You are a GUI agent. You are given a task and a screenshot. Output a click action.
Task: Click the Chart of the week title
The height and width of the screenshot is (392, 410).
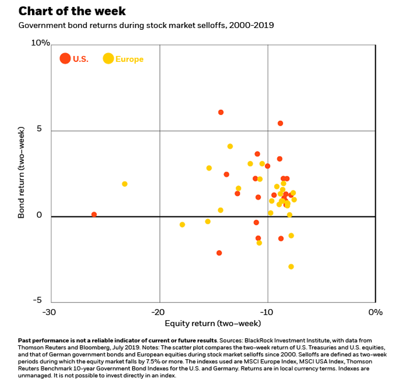coord(72,12)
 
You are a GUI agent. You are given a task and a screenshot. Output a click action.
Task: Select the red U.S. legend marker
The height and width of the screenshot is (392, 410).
coord(65,58)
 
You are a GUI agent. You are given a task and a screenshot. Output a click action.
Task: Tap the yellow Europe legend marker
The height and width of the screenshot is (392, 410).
coord(108,58)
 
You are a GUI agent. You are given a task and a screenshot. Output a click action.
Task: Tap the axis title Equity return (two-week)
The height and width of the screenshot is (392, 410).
coord(213,323)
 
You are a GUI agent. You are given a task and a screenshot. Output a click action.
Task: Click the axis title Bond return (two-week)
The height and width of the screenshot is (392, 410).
coord(22,174)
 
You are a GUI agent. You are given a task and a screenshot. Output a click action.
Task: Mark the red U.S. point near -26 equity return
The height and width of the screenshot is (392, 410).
coord(94,214)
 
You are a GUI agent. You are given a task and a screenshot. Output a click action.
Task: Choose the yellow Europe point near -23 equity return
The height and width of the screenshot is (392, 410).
coord(124,184)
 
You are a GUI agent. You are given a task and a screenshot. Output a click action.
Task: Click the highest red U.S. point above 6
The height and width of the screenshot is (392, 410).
coord(220,112)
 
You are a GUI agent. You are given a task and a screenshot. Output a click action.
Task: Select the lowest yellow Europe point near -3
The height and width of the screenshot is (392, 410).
coord(291,266)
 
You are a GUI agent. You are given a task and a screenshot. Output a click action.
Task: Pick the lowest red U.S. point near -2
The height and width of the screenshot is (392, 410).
coord(219,253)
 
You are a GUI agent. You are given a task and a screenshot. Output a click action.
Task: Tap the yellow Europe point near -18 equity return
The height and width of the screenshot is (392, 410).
coord(182,224)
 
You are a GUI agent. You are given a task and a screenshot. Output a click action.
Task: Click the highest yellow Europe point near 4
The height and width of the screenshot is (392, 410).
coord(230,146)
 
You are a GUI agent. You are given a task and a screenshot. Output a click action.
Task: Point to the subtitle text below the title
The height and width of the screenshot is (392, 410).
coord(146,26)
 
